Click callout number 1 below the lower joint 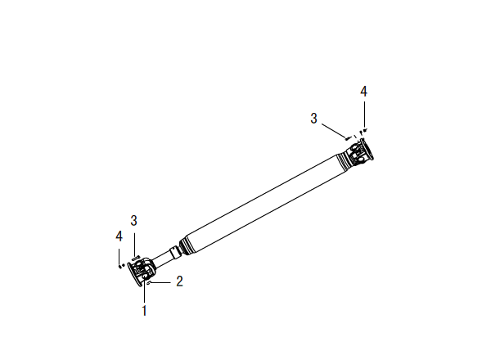[x=144, y=311]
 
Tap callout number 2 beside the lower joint [x=179, y=281]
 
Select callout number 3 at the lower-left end [x=133, y=221]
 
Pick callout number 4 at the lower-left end [x=119, y=236]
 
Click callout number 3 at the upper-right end [x=313, y=119]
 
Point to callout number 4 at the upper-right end [x=363, y=92]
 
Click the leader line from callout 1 [x=144, y=290]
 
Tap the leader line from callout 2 [x=161, y=282]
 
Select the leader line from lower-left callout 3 [x=134, y=244]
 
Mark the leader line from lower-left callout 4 [x=119, y=256]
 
